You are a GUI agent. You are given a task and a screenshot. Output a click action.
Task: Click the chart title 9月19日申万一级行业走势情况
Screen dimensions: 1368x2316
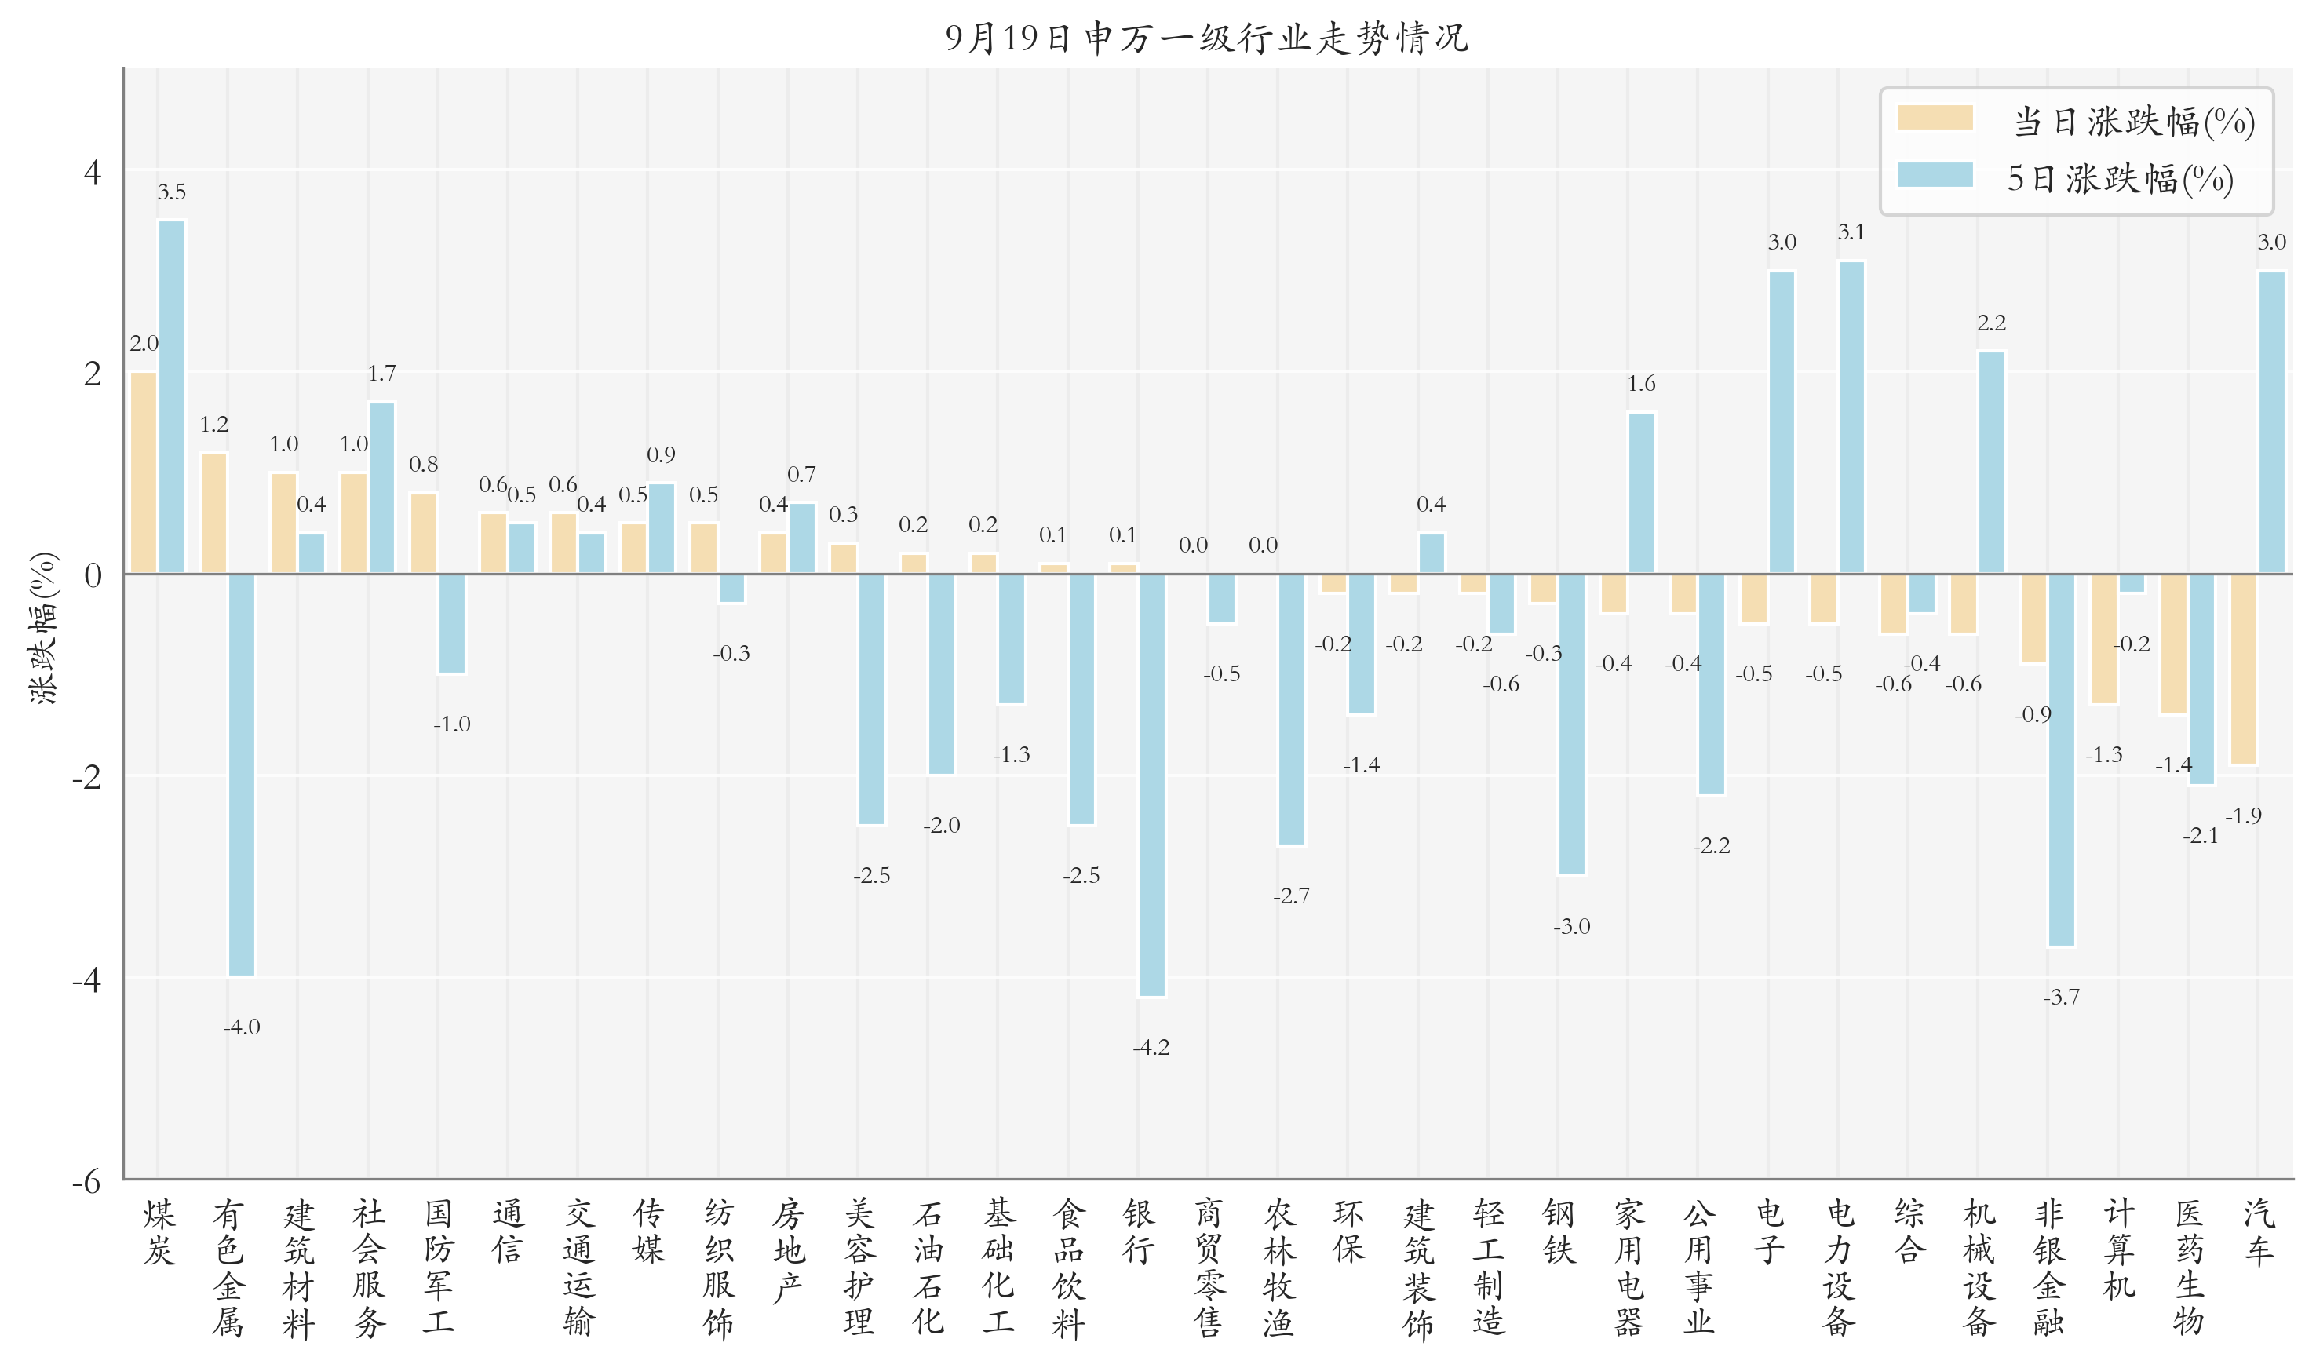[x=1205, y=38]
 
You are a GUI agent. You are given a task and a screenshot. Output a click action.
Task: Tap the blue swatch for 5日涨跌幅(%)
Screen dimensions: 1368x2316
[x=1934, y=175]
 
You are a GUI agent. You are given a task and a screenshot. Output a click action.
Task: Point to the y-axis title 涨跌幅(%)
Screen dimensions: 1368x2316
[x=43, y=629]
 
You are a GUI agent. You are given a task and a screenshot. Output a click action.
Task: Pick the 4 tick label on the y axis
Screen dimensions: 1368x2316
[x=92, y=173]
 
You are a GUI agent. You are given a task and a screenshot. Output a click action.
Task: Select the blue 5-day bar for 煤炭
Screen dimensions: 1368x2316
[x=171, y=396]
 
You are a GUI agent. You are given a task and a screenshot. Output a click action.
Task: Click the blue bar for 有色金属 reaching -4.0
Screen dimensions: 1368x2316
[x=242, y=775]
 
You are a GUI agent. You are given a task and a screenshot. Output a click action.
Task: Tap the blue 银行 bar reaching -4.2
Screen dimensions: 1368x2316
[x=1151, y=783]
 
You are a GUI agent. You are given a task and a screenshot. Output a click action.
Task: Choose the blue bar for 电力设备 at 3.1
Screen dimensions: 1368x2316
[x=1851, y=417]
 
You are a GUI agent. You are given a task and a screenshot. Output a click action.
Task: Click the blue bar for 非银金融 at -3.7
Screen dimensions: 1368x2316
[x=2061, y=760]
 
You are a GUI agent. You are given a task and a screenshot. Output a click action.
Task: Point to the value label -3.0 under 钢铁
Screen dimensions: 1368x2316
[x=1571, y=926]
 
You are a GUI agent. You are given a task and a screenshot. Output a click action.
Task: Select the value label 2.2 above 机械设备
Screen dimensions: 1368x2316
[x=1990, y=323]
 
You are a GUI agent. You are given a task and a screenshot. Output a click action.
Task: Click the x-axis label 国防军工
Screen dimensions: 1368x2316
[x=439, y=1267]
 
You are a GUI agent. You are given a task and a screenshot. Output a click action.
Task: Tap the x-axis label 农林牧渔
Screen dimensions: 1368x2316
[x=1278, y=1267]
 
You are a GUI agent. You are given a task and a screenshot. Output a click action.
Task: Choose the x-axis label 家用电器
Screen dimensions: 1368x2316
[x=1628, y=1267]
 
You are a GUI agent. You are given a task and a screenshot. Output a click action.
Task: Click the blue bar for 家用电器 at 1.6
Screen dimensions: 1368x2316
[x=1641, y=493]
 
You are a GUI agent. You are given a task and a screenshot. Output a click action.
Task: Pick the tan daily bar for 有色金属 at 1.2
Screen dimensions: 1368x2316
[x=213, y=513]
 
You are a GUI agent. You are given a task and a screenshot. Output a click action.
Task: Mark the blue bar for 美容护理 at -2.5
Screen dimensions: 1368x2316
[x=871, y=699]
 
